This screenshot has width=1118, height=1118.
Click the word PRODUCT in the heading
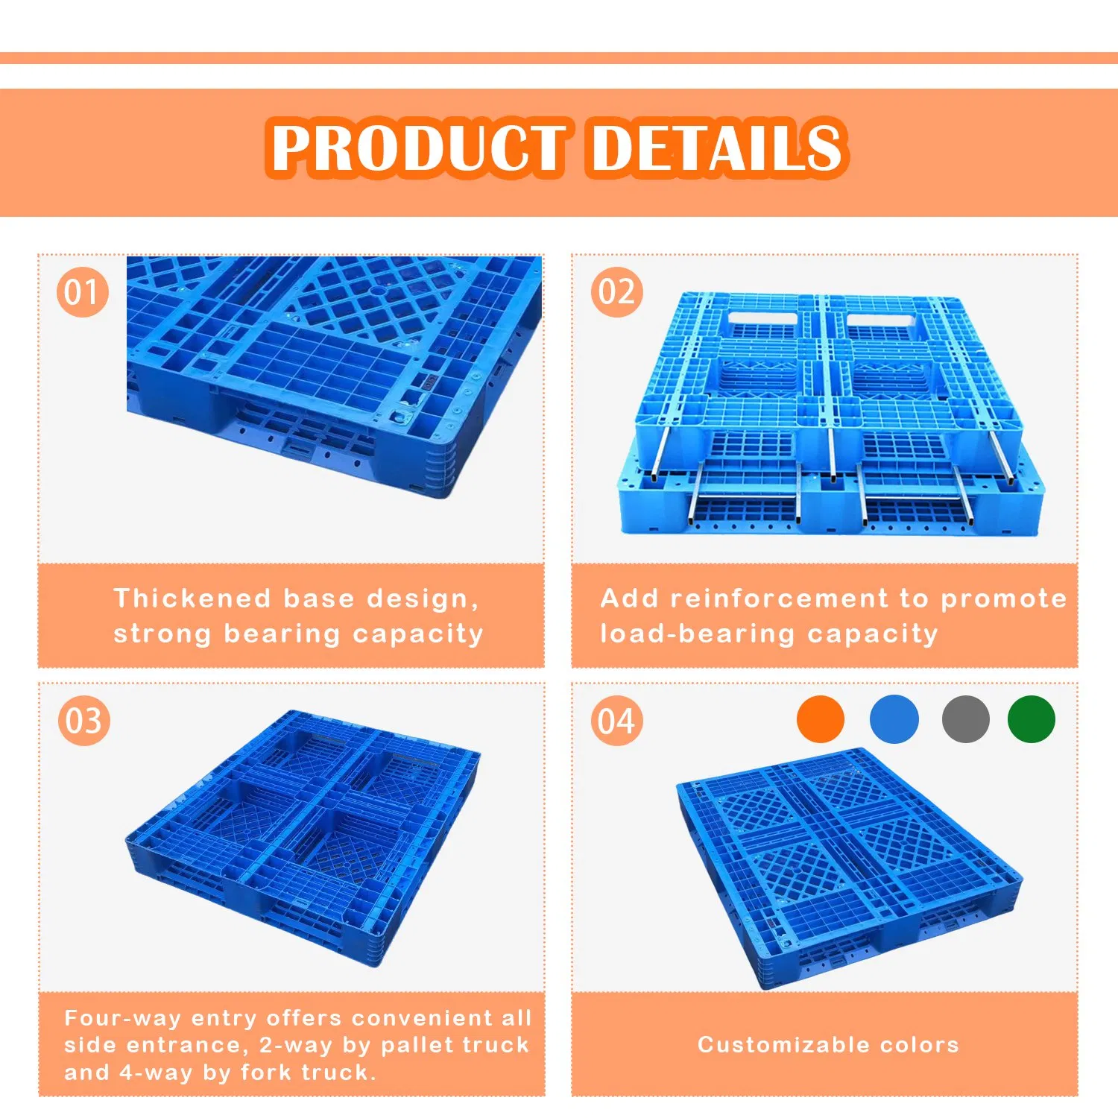coord(418,147)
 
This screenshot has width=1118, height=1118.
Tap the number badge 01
coord(82,291)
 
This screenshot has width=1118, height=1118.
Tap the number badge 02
coord(616,291)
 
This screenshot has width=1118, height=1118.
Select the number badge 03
coord(83,721)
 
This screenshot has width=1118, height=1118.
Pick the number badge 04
coord(616,721)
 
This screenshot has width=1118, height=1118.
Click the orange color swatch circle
coord(820,719)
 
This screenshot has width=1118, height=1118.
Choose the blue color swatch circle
coord(894,719)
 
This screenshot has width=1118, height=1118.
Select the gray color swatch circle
coord(965,719)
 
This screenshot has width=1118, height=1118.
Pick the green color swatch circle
coord(1031,719)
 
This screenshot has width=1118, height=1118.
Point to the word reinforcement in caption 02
coord(779,599)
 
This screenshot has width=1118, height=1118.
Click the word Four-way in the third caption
coord(123,1018)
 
